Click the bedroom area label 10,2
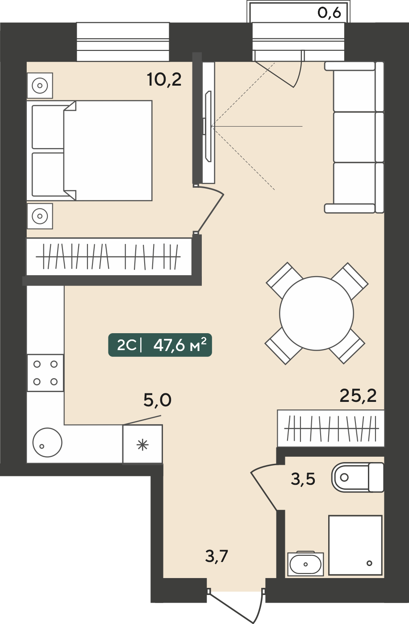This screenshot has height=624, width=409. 164,80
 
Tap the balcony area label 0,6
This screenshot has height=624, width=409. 329,13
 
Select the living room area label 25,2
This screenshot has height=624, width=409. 358,396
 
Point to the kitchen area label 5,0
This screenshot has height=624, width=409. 157,400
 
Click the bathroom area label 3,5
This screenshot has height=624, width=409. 303,479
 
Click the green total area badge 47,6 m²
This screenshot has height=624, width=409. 160,345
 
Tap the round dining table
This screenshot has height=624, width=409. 317,313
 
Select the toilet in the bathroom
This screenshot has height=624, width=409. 358,477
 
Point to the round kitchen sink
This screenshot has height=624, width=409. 47,442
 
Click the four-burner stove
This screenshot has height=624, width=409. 46,373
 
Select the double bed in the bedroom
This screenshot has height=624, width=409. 89,150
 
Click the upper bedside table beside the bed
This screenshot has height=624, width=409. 40,86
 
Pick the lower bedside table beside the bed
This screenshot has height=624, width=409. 40,216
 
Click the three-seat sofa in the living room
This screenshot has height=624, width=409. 355,137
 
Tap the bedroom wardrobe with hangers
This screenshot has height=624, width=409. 109,256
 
